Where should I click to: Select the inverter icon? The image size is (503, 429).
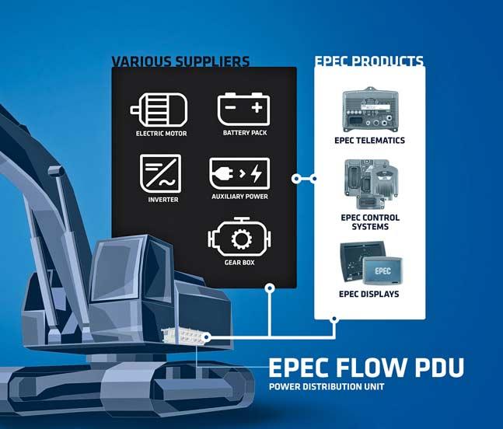(158, 172)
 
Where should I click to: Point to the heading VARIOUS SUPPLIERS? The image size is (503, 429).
(180, 61)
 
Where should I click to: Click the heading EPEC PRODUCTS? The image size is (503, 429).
(369, 61)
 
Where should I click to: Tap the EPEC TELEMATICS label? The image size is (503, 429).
(372, 141)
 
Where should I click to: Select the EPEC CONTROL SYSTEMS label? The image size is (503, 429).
(372, 221)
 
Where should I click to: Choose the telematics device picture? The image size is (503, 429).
(372, 110)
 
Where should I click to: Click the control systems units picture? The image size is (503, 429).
(372, 185)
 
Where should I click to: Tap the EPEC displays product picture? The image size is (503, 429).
(372, 264)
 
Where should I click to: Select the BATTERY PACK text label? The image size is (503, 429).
(245, 133)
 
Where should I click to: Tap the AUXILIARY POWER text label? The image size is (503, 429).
(239, 197)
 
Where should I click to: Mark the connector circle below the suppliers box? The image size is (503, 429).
(269, 288)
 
